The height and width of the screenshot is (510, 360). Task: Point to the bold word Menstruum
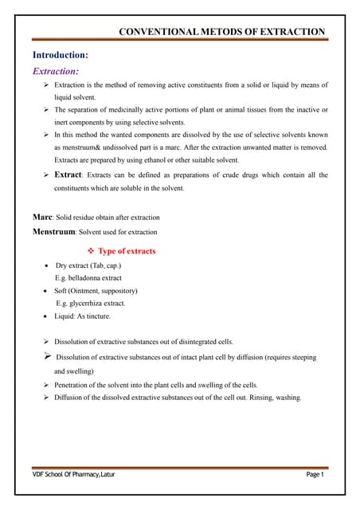(53, 232)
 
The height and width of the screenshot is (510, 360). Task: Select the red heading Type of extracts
(126, 251)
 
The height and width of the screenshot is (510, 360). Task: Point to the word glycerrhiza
(88, 304)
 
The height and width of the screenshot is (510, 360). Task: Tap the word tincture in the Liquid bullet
(108, 316)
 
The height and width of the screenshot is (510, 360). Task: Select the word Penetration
(73, 385)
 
